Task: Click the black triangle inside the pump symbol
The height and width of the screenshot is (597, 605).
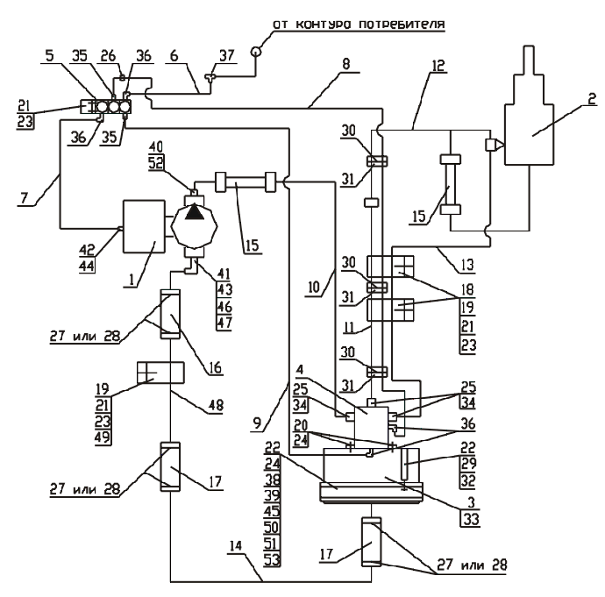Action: click(x=195, y=212)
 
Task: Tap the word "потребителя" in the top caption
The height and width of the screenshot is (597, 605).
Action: click(x=402, y=25)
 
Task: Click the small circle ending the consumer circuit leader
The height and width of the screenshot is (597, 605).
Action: click(x=256, y=51)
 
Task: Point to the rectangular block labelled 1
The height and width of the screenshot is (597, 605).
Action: click(x=144, y=226)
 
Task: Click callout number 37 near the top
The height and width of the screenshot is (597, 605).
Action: click(x=226, y=55)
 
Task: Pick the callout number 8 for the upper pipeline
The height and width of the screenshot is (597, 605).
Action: click(x=346, y=64)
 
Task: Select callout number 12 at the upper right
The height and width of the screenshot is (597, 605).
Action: click(x=438, y=66)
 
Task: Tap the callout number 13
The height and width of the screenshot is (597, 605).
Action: click(x=467, y=265)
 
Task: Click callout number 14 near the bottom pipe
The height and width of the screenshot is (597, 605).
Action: click(x=235, y=545)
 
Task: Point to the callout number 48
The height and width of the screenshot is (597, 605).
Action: click(x=216, y=405)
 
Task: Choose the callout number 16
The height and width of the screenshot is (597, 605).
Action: click(x=216, y=367)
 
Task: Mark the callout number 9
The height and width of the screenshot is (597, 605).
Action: click(x=258, y=423)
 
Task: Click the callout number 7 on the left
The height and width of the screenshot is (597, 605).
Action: click(x=25, y=198)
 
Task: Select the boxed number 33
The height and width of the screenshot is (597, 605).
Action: click(x=471, y=519)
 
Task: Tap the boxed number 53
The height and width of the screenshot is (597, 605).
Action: click(x=272, y=559)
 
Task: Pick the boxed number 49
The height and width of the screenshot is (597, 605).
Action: click(x=103, y=437)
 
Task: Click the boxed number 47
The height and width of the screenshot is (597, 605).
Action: click(x=224, y=323)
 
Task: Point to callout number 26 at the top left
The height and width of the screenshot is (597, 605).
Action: click(x=108, y=55)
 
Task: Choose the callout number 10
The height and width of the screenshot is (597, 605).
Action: click(x=314, y=288)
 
